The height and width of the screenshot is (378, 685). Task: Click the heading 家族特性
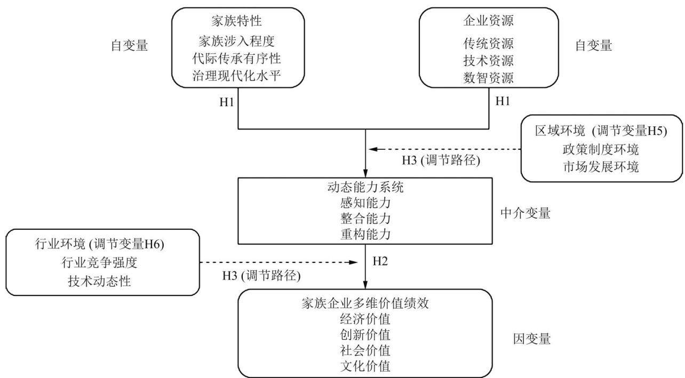pyautogui.click(x=236, y=21)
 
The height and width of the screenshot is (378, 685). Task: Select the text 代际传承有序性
pyautogui.click(x=236, y=58)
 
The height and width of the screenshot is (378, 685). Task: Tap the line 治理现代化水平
pyautogui.click(x=236, y=76)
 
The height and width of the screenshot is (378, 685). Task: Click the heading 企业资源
pyautogui.click(x=488, y=20)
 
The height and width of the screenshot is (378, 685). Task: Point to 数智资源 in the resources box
pyautogui.click(x=488, y=78)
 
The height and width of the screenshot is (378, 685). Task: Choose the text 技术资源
pyautogui.click(x=488, y=60)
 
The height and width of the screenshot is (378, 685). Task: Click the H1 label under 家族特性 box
pyautogui.click(x=227, y=102)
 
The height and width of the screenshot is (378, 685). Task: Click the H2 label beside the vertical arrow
pyautogui.click(x=380, y=261)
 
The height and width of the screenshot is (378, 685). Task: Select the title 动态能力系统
pyautogui.click(x=365, y=187)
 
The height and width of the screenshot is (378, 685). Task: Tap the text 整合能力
pyautogui.click(x=365, y=219)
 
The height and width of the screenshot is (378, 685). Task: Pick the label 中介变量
pyautogui.click(x=525, y=213)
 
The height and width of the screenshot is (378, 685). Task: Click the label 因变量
pyautogui.click(x=531, y=339)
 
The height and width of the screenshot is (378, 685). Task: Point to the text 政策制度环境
pyautogui.click(x=601, y=149)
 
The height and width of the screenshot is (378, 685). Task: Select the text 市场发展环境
pyautogui.click(x=601, y=167)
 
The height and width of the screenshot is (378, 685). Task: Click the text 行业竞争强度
pyautogui.click(x=99, y=262)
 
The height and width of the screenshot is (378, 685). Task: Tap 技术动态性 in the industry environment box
pyautogui.click(x=99, y=281)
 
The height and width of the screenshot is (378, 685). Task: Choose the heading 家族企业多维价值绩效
pyautogui.click(x=365, y=303)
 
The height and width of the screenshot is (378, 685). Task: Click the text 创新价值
pyautogui.click(x=365, y=335)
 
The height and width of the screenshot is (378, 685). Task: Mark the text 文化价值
pyautogui.click(x=365, y=366)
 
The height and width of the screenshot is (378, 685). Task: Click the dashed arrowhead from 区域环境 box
pyautogui.click(x=373, y=149)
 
